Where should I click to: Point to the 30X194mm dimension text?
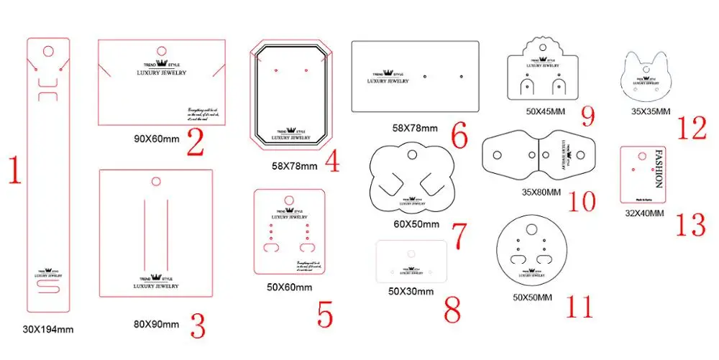click(x=48, y=330)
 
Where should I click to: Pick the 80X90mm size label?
click(x=155, y=324)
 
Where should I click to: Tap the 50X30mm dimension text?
click(x=411, y=291)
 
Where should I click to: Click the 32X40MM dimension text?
click(x=644, y=213)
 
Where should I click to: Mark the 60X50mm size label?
click(x=416, y=224)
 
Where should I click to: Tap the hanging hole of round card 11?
click(x=531, y=230)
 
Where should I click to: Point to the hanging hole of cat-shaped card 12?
click(x=646, y=70)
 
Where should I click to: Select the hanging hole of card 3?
click(x=156, y=180)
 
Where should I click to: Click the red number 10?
click(x=581, y=200)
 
